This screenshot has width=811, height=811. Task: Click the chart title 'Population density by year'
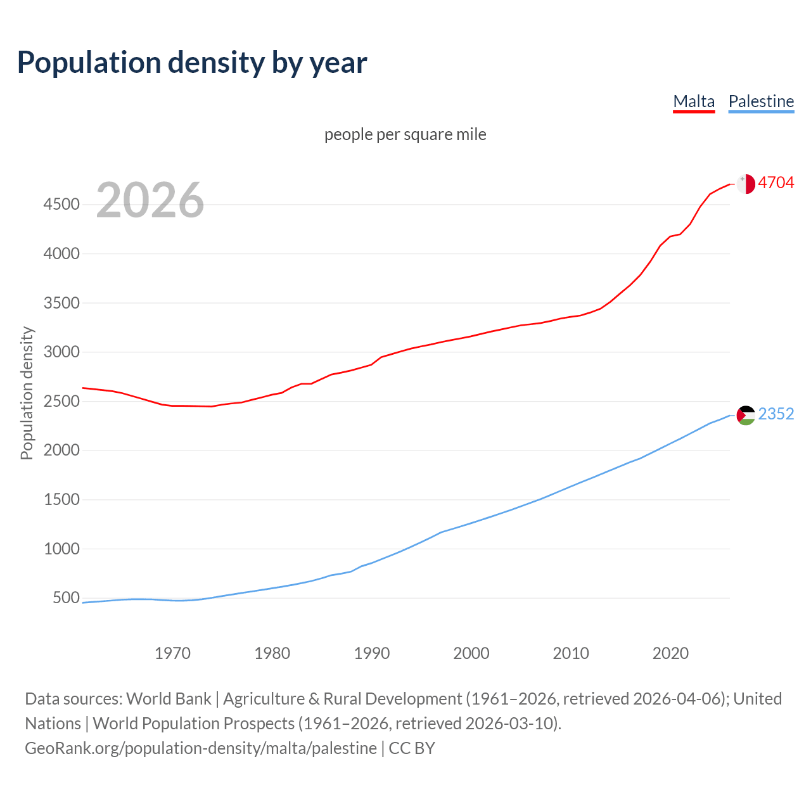pyautogui.click(x=192, y=62)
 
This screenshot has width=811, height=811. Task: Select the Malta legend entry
pyautogui.click(x=694, y=101)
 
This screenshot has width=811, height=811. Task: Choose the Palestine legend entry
pyautogui.click(x=761, y=101)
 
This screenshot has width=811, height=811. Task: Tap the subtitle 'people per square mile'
pyautogui.click(x=405, y=134)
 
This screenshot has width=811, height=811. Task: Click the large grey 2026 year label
pyautogui.click(x=150, y=200)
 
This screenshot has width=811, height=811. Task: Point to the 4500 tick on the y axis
pyautogui.click(x=61, y=205)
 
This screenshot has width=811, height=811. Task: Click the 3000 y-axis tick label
pyautogui.click(x=61, y=352)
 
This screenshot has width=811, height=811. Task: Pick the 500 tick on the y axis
pyautogui.click(x=66, y=598)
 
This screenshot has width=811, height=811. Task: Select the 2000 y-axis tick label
pyautogui.click(x=61, y=450)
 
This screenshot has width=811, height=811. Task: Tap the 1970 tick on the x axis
pyautogui.click(x=172, y=653)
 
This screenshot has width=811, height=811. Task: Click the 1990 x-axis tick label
pyautogui.click(x=372, y=653)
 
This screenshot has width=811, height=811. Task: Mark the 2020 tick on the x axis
pyautogui.click(x=670, y=653)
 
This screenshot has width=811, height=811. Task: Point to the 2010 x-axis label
pyautogui.click(x=571, y=653)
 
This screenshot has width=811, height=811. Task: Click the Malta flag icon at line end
pyautogui.click(x=746, y=184)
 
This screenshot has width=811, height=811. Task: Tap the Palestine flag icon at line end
pyautogui.click(x=746, y=416)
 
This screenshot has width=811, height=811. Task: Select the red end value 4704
pyautogui.click(x=776, y=183)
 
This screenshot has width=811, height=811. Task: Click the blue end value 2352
pyautogui.click(x=776, y=414)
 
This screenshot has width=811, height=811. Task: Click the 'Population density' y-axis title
pyautogui.click(x=27, y=393)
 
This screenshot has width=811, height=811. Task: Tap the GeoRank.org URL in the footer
pyautogui.click(x=201, y=748)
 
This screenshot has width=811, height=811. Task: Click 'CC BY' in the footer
pyautogui.click(x=412, y=748)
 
